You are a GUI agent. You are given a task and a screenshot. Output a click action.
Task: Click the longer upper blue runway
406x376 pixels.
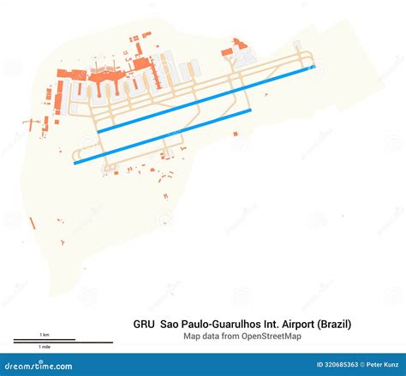pos(206,98)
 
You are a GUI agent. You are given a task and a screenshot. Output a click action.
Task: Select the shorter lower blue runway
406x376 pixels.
pos(163,136)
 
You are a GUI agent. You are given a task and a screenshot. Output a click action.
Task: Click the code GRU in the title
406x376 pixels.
pos(143,325)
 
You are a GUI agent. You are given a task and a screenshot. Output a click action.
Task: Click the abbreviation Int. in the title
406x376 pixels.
pos(274,325)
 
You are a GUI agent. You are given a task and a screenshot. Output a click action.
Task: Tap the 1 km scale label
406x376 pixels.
pos(45,334)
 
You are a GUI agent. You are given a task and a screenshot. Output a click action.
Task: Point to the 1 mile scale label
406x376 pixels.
pos(44,347)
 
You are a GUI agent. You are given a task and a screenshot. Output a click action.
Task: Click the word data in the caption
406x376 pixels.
pos(212,337)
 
